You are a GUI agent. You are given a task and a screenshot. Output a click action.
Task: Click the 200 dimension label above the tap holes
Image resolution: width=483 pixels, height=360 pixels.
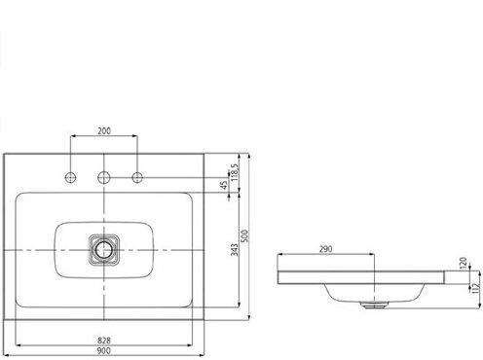104,130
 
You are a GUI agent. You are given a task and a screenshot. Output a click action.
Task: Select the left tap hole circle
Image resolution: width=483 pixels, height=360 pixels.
70,177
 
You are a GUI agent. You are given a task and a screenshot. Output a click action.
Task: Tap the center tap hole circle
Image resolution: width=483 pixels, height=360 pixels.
104,177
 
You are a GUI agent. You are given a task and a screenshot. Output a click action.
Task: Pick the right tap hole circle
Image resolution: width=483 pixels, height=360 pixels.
137,177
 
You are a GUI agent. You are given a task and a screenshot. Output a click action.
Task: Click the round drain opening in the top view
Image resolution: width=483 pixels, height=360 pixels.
104,249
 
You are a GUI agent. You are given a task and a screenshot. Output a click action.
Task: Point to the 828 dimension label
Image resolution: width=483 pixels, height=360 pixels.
104,341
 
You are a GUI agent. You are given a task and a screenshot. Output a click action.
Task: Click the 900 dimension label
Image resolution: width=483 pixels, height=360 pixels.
104,350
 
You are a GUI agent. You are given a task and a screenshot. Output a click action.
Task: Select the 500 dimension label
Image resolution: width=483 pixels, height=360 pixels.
245,235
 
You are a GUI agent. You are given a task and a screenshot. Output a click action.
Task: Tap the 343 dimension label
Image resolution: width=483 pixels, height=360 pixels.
235,249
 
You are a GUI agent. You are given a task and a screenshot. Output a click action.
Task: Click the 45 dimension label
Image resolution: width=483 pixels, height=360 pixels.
224,185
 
